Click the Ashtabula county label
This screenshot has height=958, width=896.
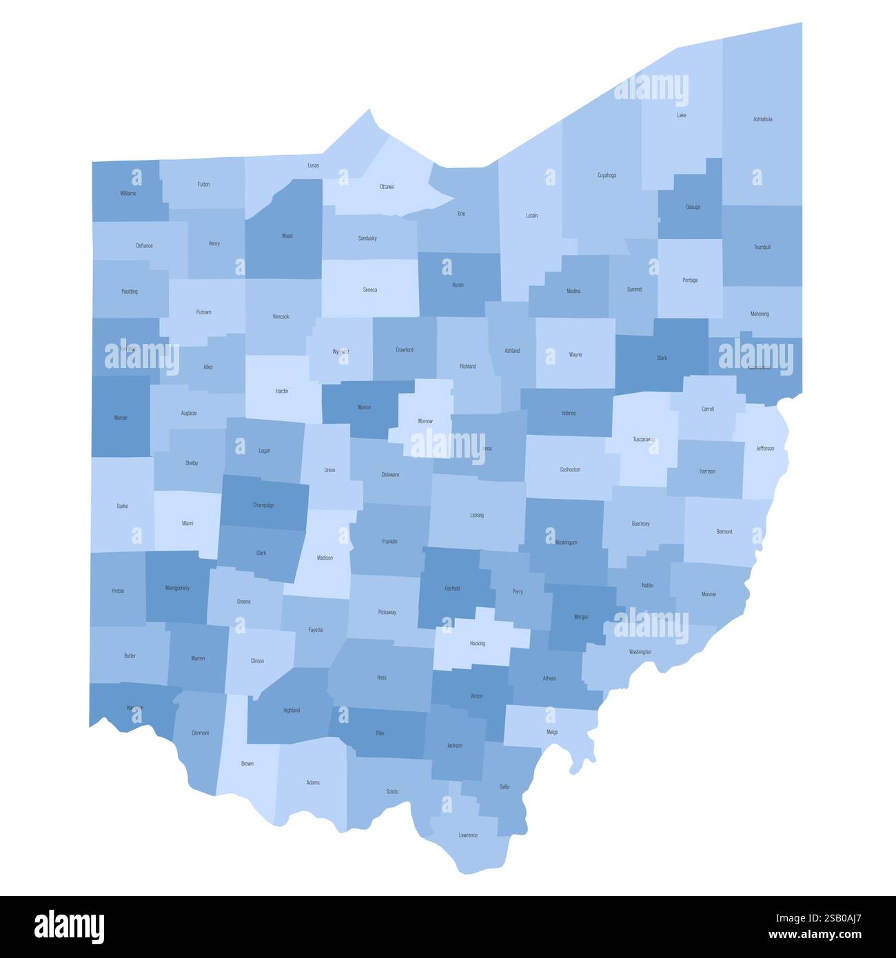(x=762, y=119)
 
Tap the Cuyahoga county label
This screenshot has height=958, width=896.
(x=607, y=175)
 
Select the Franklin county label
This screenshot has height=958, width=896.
(x=389, y=542)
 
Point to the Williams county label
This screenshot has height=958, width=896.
(x=128, y=194)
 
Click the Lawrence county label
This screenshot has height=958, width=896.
(x=468, y=835)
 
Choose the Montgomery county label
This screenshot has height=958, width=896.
(x=177, y=588)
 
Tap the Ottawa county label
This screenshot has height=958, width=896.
(x=387, y=187)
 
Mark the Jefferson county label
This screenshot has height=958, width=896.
(x=765, y=449)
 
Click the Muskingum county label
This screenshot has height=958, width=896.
(x=566, y=542)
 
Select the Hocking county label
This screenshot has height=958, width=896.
(x=477, y=644)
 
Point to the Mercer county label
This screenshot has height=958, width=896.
(x=120, y=418)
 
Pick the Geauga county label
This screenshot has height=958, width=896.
(x=693, y=207)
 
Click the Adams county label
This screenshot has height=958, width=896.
(x=313, y=783)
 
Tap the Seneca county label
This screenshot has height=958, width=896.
(x=369, y=290)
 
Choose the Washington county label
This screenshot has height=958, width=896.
(x=640, y=652)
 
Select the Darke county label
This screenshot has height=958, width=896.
(x=122, y=507)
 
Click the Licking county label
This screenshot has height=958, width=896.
(x=476, y=516)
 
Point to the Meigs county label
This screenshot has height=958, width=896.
(x=552, y=732)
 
